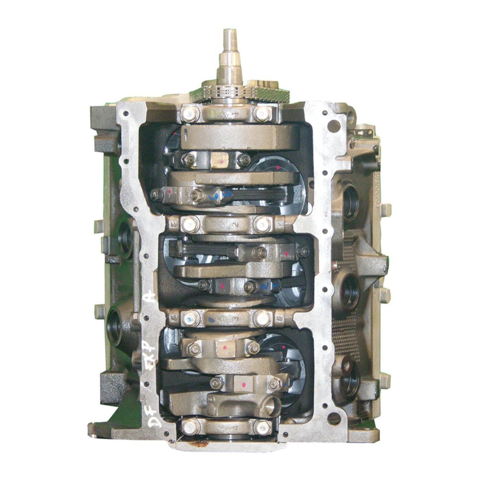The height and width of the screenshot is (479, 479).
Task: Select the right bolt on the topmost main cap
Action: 262,113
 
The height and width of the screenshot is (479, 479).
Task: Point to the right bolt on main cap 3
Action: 262,318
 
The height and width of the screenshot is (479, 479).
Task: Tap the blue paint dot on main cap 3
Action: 211,319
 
